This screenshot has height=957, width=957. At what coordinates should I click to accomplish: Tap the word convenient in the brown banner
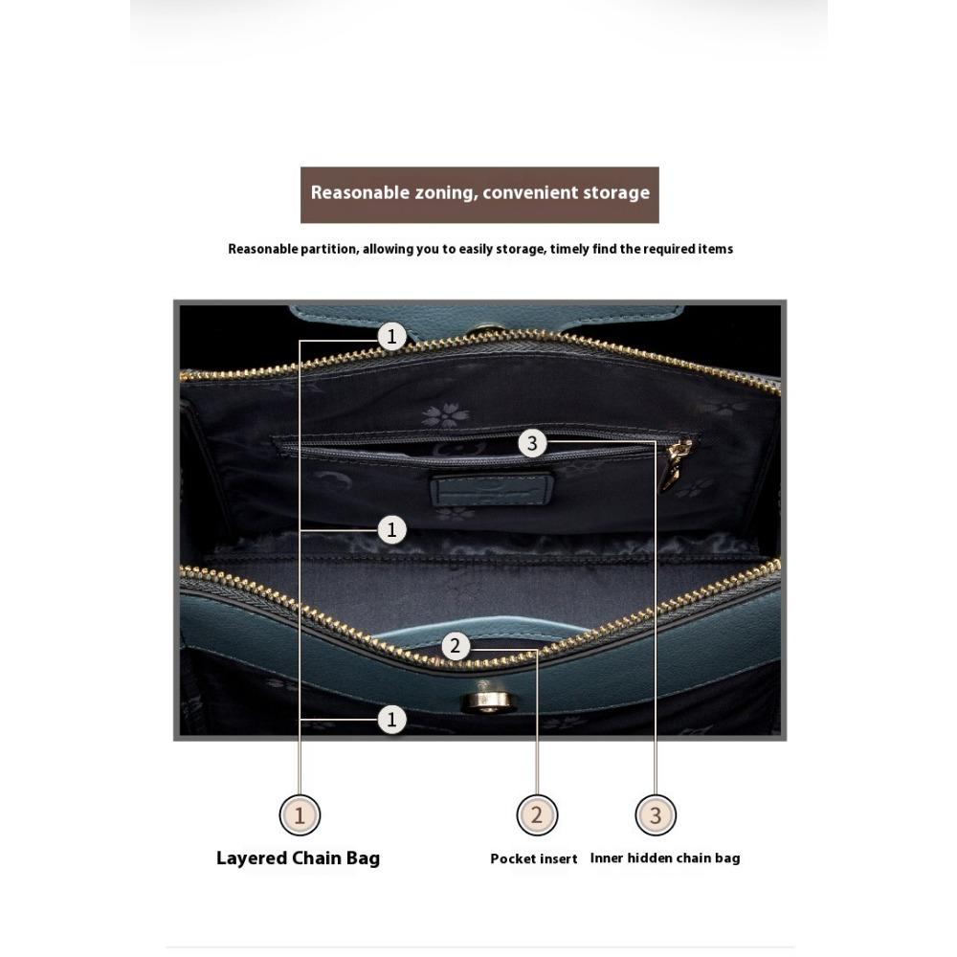click(530, 192)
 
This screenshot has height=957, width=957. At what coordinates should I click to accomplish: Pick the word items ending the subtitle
click(715, 249)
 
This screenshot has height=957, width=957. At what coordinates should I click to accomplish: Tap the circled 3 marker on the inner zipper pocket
click(532, 443)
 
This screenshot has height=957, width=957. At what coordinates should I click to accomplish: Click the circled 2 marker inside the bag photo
click(456, 647)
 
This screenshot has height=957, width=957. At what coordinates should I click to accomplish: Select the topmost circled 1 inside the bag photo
click(391, 336)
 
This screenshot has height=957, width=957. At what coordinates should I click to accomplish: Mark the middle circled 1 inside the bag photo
click(391, 529)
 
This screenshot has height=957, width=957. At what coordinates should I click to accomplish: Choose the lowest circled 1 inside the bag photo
click(391, 719)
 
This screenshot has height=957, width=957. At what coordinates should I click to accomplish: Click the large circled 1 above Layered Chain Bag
click(300, 815)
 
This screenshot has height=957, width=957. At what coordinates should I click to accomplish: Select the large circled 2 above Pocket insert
click(536, 815)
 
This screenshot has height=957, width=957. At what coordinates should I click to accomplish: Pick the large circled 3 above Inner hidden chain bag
click(656, 815)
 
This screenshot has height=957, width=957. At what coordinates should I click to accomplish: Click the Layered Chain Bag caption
click(298, 857)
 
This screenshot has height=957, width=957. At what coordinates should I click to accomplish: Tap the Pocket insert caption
click(534, 858)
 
